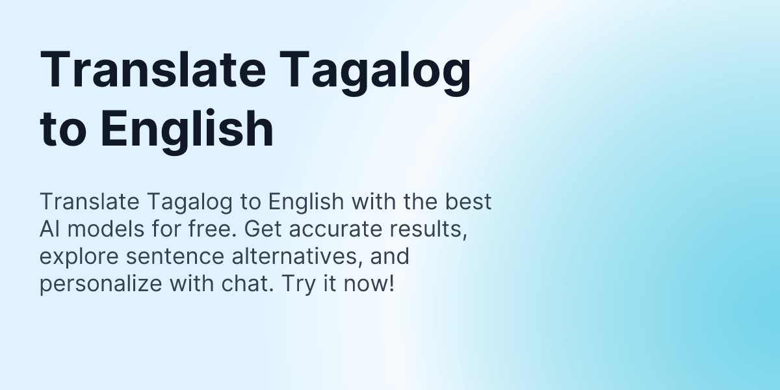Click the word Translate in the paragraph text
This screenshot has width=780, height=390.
[x=82, y=202]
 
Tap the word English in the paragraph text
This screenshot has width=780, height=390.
[x=305, y=202]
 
